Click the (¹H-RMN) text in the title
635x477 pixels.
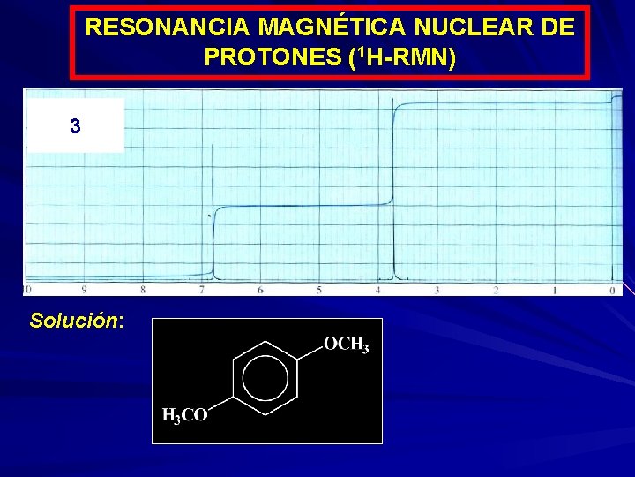tap(402, 57)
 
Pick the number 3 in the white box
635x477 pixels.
tap(75, 126)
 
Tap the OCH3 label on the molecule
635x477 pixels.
tap(346, 344)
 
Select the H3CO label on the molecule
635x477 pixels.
tap(185, 415)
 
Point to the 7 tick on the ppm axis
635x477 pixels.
tap(202, 289)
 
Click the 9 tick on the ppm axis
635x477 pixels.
tap(84, 289)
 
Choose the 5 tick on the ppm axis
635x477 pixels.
tap(319, 289)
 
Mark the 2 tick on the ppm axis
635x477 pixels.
tap(496, 289)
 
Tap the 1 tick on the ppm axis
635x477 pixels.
tap(554, 289)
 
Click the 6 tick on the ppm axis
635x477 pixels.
tap(260, 289)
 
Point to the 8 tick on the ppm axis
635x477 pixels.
tap(143, 289)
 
